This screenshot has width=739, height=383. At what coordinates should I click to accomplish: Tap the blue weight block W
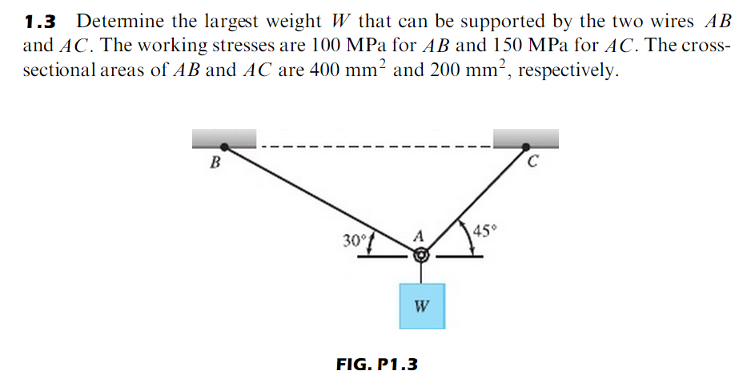click(x=422, y=305)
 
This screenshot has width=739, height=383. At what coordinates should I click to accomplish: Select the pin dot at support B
click(x=225, y=147)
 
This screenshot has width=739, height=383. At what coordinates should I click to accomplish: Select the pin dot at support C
click(x=525, y=147)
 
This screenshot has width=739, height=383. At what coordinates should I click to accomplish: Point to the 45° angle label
click(x=485, y=232)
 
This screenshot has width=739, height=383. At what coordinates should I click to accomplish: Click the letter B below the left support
click(x=214, y=164)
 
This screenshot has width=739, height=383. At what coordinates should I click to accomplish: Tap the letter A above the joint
click(x=417, y=236)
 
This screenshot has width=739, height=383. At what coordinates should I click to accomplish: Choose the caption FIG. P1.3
click(x=377, y=365)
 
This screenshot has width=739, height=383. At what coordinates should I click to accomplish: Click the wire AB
click(x=320, y=200)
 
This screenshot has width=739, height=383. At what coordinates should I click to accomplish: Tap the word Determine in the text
click(x=118, y=21)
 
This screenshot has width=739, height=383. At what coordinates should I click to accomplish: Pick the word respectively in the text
click(x=568, y=70)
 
